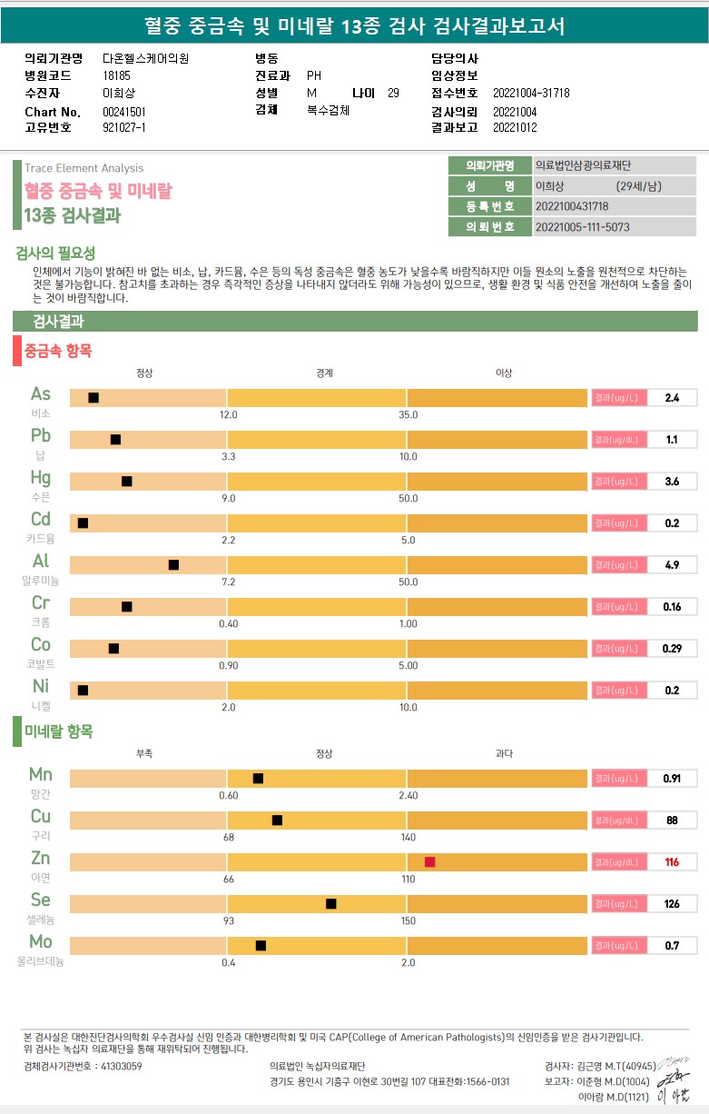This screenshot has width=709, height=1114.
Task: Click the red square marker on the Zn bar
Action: click(x=429, y=862)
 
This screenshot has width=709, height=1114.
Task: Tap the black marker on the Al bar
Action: click(x=173, y=565)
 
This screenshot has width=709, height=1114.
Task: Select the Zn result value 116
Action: click(x=672, y=862)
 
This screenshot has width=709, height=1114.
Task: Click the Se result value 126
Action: click(x=672, y=904)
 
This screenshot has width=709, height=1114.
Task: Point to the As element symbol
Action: click(x=41, y=394)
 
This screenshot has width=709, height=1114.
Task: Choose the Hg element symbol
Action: click(x=41, y=478)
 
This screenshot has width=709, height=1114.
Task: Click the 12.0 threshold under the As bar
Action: click(x=228, y=415)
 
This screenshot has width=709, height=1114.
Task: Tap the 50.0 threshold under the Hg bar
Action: click(x=409, y=499)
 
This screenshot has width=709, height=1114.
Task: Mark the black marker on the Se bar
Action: click(x=330, y=904)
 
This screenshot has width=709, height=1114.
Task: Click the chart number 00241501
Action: click(x=124, y=112)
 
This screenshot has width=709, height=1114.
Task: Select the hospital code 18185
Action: click(x=116, y=76)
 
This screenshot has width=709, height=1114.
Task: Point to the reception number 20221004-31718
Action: click(x=531, y=94)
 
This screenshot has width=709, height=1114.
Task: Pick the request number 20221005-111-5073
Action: click(x=583, y=227)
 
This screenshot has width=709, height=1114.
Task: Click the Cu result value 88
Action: click(x=672, y=821)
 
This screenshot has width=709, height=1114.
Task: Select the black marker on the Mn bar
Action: click(x=258, y=779)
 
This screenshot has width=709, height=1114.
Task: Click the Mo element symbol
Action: click(x=41, y=941)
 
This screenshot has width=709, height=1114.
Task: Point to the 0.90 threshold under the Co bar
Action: click(x=228, y=666)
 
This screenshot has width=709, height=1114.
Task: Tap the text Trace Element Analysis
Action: click(x=84, y=168)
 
